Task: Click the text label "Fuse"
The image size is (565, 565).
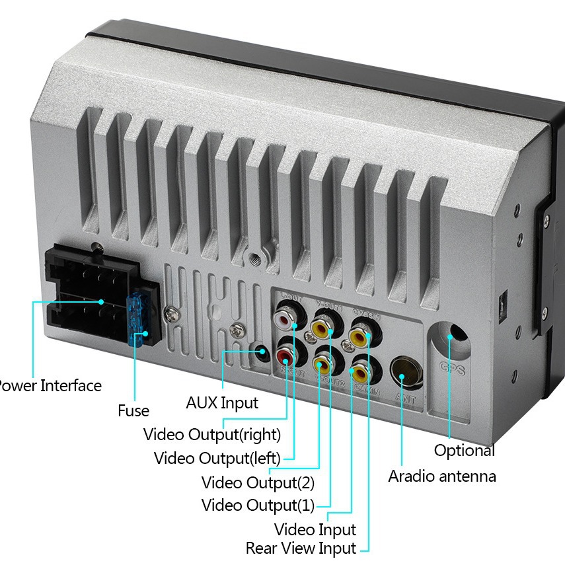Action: (133, 410)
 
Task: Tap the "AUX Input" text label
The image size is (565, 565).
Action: (222, 402)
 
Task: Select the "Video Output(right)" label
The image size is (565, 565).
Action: (212, 435)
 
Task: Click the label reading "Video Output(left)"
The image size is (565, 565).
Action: (217, 458)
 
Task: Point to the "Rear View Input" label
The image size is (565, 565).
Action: (301, 548)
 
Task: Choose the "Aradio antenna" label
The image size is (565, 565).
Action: (442, 476)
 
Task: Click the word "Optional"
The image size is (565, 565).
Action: (464, 451)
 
